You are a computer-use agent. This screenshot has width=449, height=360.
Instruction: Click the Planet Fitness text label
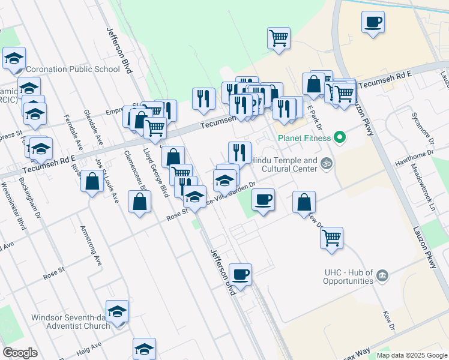(304, 138)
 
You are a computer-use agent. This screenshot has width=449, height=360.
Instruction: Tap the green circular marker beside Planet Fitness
(340, 138)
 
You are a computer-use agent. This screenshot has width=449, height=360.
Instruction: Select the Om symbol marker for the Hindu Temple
(327, 163)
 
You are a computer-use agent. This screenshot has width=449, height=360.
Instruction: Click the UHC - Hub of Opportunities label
(349, 277)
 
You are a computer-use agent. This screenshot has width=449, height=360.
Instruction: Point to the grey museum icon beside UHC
(382, 277)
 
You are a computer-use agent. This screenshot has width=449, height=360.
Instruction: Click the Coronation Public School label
(73, 69)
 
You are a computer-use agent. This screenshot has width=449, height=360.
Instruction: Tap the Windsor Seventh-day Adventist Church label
(71, 321)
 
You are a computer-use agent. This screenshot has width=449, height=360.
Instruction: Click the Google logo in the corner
(20, 353)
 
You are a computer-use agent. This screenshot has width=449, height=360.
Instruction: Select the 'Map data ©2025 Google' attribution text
(412, 356)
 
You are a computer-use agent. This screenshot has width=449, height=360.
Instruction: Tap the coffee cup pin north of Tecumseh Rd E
(373, 23)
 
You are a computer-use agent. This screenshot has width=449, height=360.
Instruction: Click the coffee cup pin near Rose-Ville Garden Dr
(262, 199)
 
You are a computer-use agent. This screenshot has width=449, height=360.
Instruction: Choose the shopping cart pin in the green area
(279, 38)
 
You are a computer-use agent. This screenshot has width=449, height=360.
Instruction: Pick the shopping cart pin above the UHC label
(331, 238)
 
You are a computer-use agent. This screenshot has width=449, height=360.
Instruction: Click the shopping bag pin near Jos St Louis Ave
(92, 181)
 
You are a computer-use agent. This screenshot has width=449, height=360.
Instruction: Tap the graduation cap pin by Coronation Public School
(14, 59)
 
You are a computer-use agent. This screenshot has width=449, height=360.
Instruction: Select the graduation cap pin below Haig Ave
(144, 349)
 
